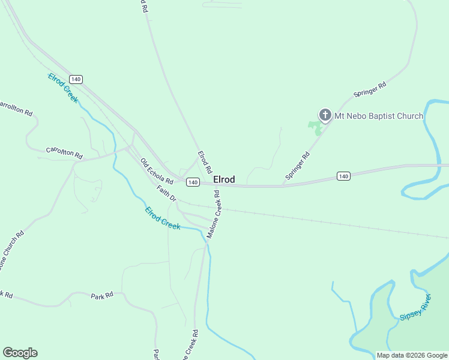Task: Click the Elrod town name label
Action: coord(224,179)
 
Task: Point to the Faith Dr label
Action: coord(166,193)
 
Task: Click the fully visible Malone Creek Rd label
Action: coord(214,214)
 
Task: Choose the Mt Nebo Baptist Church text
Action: coord(379,116)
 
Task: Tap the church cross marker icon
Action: coord(325,115)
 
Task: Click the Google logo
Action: coord(20,353)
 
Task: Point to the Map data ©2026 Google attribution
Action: coord(412,355)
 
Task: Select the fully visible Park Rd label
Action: coord(102,296)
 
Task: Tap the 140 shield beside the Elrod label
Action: coord(192,182)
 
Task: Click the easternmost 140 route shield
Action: coord(343,176)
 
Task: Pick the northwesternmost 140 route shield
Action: coord(75,79)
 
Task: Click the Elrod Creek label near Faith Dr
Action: coord(163,218)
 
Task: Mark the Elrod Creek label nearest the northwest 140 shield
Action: coord(63,88)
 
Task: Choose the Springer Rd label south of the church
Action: coord(298,166)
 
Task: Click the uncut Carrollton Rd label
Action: coord(64,154)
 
